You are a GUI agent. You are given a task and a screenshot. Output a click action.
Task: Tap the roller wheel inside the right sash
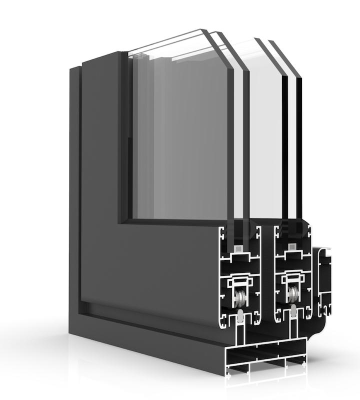[292, 295]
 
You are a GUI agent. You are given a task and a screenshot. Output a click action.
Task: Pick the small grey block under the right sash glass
[291, 246]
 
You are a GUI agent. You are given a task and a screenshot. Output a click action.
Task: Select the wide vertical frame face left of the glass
[100, 185]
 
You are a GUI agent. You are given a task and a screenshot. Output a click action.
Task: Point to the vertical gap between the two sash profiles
[267, 280]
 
